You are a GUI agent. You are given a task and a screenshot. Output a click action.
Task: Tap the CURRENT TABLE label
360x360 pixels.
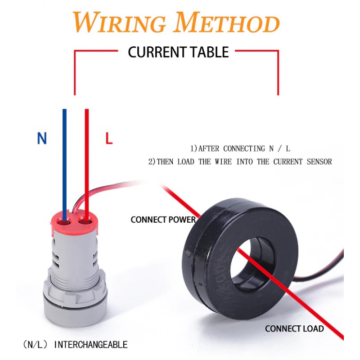(178, 52)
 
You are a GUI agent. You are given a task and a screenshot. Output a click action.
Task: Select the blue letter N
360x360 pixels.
(42, 139)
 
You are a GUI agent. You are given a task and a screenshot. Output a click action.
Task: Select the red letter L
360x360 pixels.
(108, 139)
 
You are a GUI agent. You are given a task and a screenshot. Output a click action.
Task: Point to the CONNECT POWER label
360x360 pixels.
(163, 220)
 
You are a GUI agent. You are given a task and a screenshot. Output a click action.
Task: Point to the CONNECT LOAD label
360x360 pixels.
(294, 328)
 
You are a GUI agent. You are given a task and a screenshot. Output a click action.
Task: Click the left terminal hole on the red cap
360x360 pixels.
(64, 222)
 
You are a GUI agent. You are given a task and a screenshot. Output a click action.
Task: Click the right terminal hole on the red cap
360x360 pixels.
(85, 221)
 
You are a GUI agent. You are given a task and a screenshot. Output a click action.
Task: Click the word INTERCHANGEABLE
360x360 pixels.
(91, 345)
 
